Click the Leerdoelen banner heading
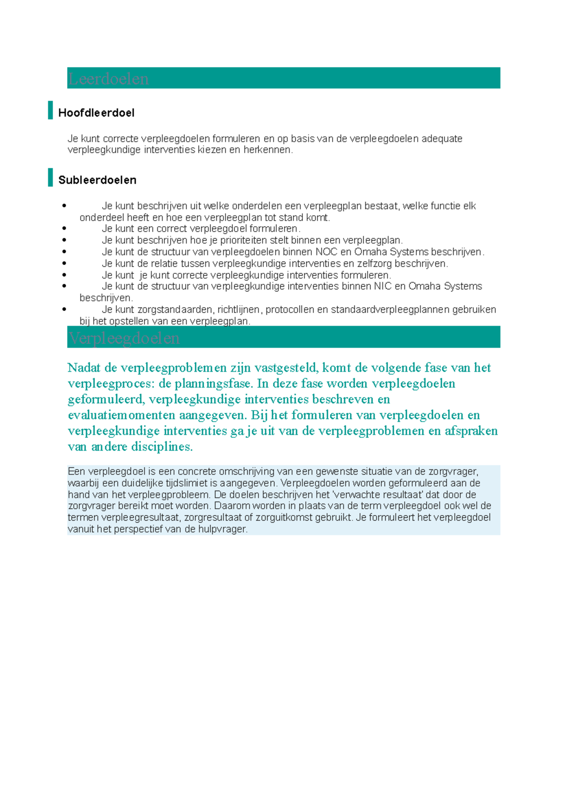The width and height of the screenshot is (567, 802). (x=109, y=78)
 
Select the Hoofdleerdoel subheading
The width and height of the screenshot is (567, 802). (x=96, y=113)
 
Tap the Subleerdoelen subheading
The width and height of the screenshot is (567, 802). (x=97, y=180)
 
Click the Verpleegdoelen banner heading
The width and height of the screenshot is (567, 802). (x=124, y=338)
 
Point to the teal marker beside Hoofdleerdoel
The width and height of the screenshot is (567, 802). (x=50, y=110)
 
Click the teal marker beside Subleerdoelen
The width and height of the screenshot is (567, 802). (x=50, y=177)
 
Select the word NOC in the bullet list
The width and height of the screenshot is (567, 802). (x=326, y=252)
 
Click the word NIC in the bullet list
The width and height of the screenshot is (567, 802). (x=383, y=286)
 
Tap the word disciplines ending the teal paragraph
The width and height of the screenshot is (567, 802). (x=162, y=447)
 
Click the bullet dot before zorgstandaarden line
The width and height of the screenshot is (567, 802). (x=64, y=309)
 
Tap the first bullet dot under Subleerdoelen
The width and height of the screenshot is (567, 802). (x=64, y=205)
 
